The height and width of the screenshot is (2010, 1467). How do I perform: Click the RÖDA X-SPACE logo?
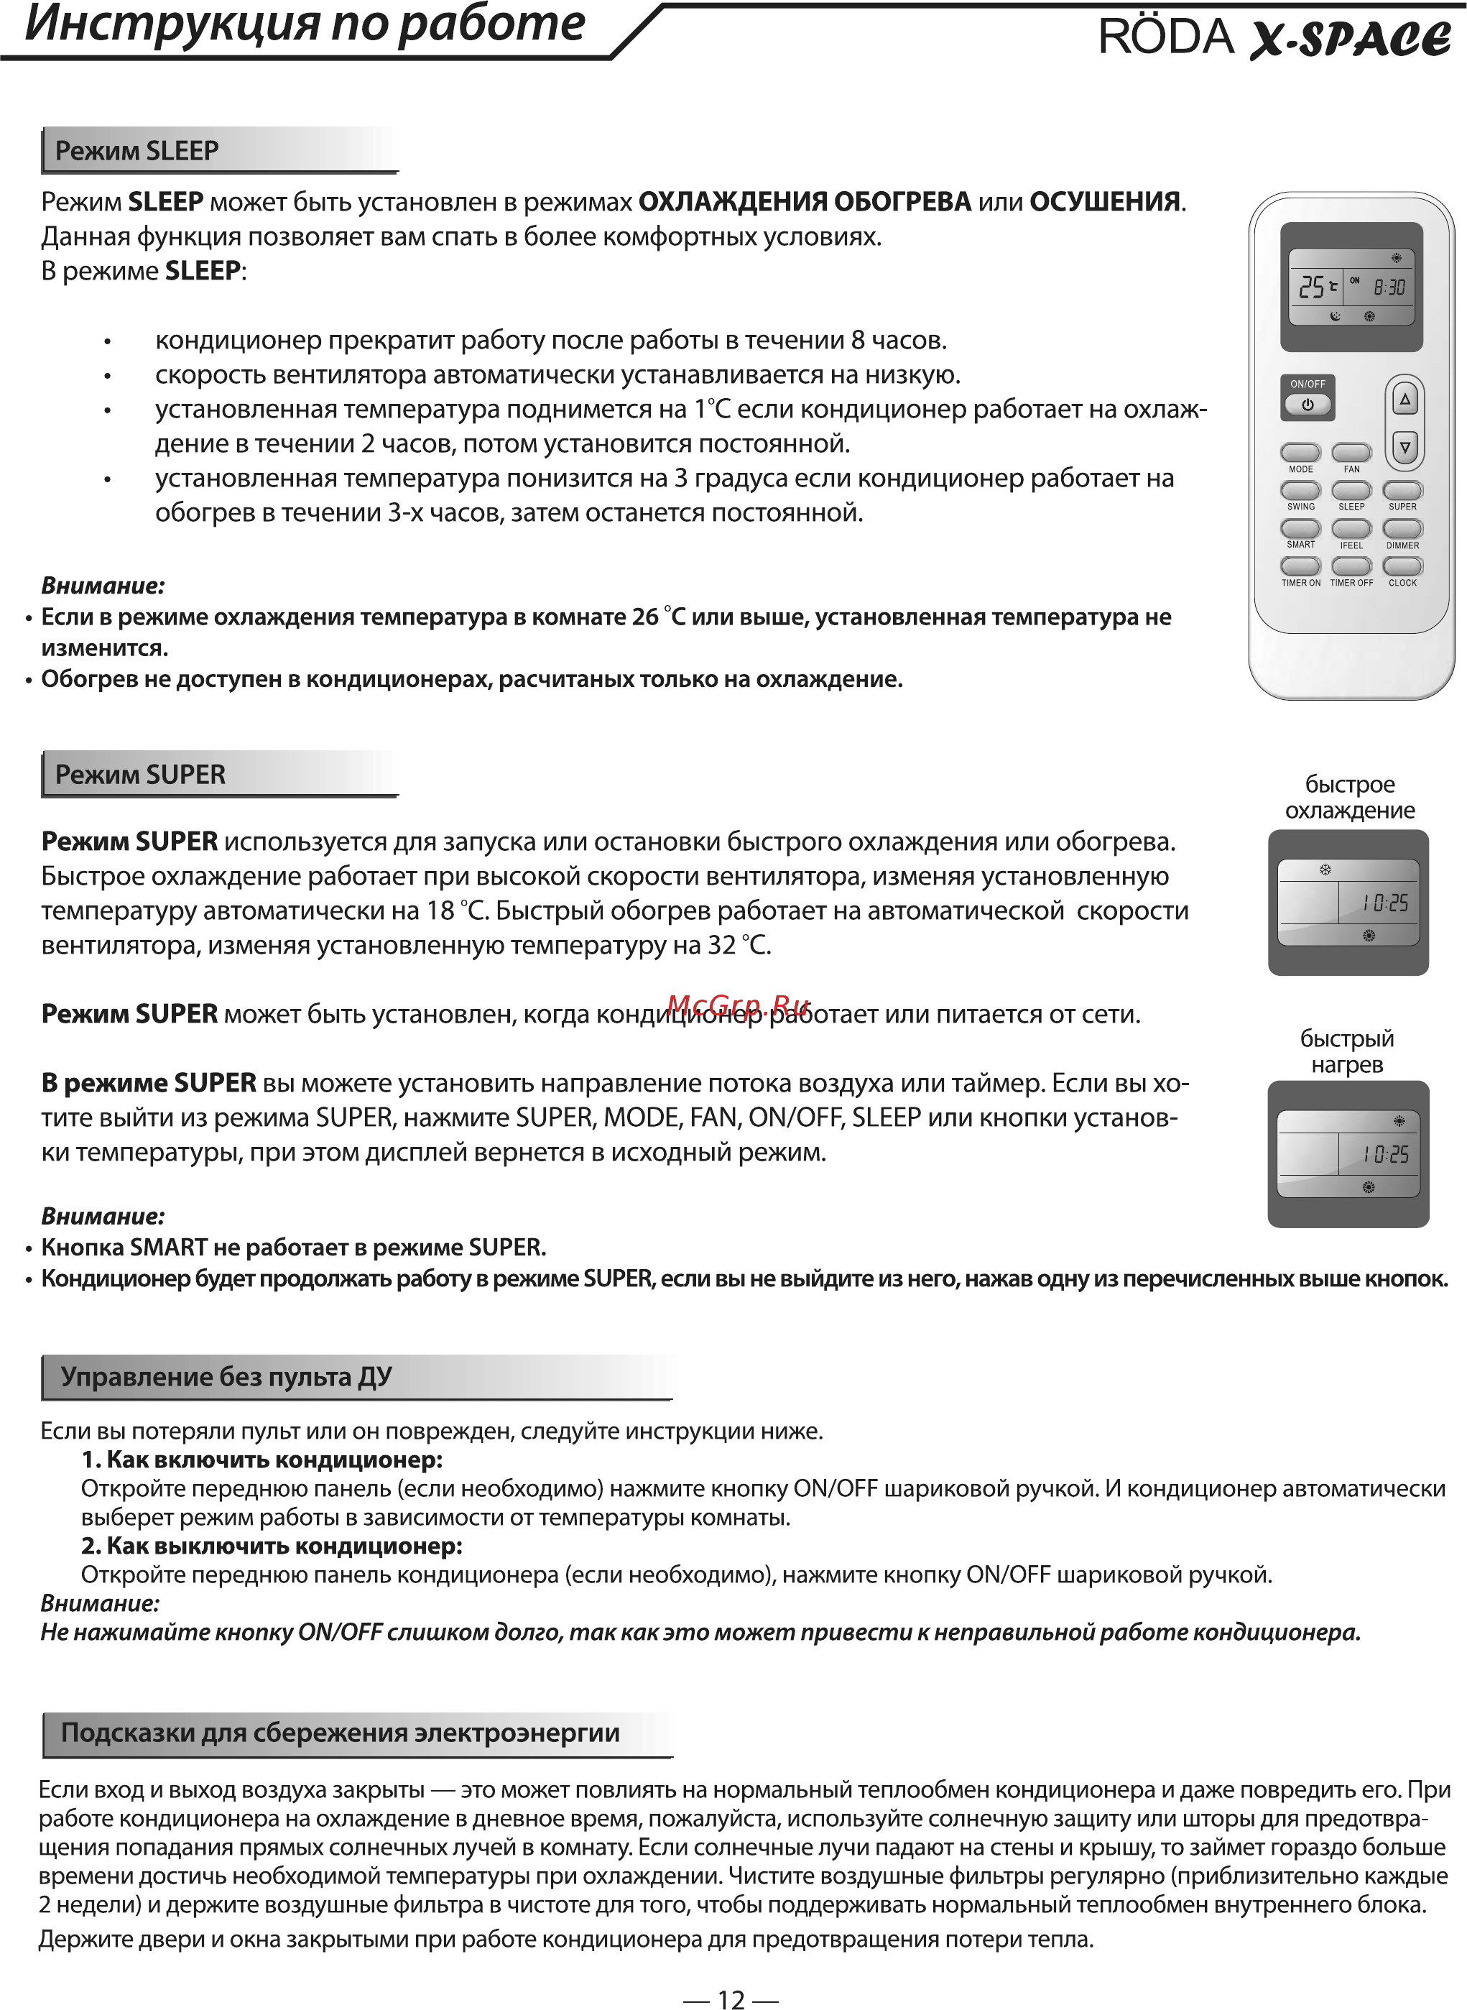[1274, 37]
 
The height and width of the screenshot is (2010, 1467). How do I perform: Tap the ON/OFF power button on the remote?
[1308, 404]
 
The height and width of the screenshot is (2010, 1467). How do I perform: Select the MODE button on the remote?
[1300, 452]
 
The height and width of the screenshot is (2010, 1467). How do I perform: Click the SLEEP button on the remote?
[1351, 490]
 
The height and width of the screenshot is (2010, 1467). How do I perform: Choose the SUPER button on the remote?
[1402, 490]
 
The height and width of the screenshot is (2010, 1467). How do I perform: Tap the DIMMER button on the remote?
[1402, 528]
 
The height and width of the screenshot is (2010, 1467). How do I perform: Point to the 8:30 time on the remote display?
[1389, 287]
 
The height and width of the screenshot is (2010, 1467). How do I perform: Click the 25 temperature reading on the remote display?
[1312, 287]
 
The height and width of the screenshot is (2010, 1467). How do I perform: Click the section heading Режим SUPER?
[140, 775]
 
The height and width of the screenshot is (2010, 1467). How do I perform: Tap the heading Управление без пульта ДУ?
[226, 1377]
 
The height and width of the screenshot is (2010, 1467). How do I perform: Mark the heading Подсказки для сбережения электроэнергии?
[340, 1733]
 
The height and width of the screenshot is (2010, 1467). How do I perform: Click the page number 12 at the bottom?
[731, 1999]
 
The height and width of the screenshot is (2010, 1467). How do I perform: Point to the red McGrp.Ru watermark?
[738, 1005]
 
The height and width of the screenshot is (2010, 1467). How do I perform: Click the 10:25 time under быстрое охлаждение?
[1385, 903]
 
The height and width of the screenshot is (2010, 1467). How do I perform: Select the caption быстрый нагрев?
[1347, 1051]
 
